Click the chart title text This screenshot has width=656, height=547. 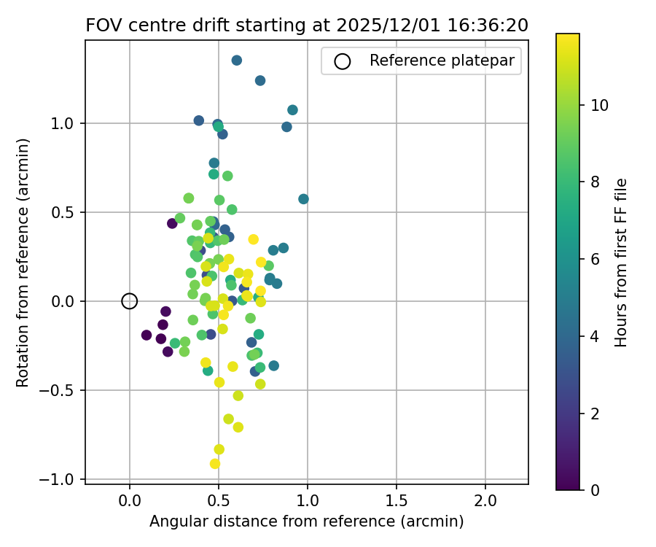point(307,25)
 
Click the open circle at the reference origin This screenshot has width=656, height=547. point(130,301)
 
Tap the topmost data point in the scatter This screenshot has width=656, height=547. point(236,61)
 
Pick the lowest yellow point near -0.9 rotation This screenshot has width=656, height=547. point(215,464)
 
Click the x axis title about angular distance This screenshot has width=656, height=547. point(307,521)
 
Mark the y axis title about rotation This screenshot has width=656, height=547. point(24,262)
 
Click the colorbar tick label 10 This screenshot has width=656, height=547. point(599,105)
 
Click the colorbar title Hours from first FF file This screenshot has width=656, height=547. point(621,262)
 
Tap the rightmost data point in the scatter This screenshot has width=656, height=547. point(303,199)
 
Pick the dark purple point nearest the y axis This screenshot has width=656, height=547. point(147,335)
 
